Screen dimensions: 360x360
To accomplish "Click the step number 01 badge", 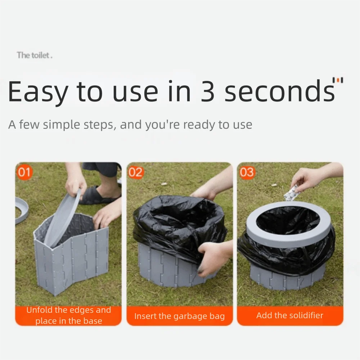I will [24, 172].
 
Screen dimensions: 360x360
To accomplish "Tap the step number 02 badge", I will [136, 172].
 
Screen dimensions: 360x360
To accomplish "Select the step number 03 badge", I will [247, 172].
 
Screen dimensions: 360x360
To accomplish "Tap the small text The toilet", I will [35, 55].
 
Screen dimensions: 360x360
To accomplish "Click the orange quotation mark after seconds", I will [338, 80].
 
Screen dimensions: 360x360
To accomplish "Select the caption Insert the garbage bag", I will [179, 316].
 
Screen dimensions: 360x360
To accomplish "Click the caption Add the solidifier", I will [290, 316].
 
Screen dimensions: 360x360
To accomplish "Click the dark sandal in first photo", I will [97, 196].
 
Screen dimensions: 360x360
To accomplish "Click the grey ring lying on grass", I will [22, 211].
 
